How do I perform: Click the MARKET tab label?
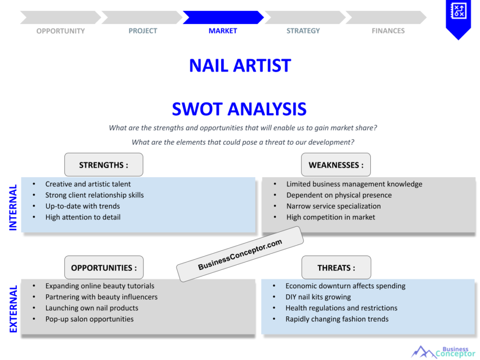[223, 31]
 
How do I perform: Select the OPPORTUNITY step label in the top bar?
[60, 31]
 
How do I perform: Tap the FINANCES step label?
[388, 31]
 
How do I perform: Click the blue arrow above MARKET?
[223, 17]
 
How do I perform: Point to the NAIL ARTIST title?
[240, 66]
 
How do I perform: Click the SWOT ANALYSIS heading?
[239, 109]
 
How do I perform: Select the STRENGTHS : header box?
[104, 165]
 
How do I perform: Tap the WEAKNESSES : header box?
[336, 165]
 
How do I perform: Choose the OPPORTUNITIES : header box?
[104, 268]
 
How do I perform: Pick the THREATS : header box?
[336, 268]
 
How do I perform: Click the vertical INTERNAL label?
[13, 207]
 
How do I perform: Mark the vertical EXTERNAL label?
[13, 309]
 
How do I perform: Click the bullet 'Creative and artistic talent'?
[88, 184]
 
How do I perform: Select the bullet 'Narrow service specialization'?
[333, 206]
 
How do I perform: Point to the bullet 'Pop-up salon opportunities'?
[90, 319]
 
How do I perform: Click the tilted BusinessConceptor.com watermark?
[240, 254]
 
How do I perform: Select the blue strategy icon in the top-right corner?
[458, 14]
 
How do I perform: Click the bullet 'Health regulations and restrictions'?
[341, 308]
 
